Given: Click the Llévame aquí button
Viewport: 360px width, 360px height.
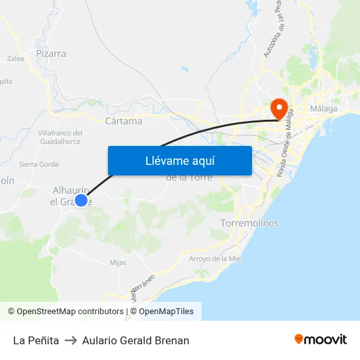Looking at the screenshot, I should (x=179, y=160).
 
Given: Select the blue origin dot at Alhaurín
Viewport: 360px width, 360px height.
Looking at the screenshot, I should (x=81, y=200).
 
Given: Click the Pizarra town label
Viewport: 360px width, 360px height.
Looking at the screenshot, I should (x=51, y=54).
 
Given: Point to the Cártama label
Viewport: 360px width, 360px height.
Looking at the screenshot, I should (x=123, y=121).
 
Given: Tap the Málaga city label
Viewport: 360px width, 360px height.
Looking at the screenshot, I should (x=324, y=108).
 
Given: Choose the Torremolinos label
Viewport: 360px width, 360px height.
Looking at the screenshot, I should (x=250, y=223).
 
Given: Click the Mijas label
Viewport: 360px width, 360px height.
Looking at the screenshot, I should (x=118, y=262).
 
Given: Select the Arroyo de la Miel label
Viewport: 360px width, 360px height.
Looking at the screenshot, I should (x=215, y=259).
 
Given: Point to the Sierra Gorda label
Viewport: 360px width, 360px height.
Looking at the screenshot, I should (x=39, y=164).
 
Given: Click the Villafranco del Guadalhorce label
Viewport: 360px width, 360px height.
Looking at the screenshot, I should (x=60, y=137).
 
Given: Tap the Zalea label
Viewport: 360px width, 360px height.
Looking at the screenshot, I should (x=15, y=58).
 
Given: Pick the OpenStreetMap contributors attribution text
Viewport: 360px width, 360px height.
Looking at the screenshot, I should (x=65, y=312).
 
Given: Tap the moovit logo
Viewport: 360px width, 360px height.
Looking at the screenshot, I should (x=321, y=339).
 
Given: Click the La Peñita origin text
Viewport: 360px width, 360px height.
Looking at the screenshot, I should (x=36, y=340).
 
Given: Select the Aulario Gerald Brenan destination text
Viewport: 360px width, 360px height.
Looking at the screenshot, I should (x=135, y=340).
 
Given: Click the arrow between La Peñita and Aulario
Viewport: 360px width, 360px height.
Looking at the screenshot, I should (x=71, y=340).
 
